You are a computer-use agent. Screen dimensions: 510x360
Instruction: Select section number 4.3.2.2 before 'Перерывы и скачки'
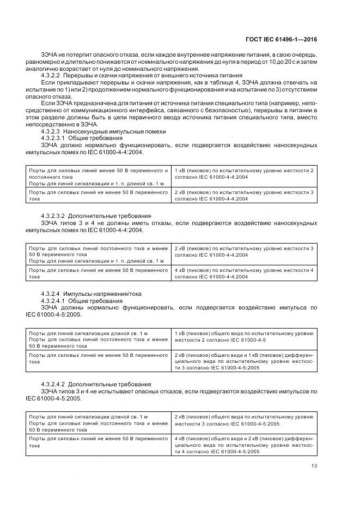pyautogui.click(x=51, y=77)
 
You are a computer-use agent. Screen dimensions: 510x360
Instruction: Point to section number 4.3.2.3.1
pyautogui.click(x=53, y=138)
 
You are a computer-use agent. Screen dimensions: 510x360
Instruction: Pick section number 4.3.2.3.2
pyautogui.click(x=53, y=216)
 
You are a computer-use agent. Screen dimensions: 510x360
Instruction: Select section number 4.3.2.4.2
pyautogui.click(x=53, y=384)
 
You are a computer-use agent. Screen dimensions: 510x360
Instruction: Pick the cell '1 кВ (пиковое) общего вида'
pyautogui.click(x=243, y=336)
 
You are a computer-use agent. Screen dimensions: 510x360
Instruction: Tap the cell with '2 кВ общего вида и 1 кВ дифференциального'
pyautogui.click(x=243, y=361)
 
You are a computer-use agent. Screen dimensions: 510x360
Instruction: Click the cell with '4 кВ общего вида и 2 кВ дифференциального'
pyautogui.click(x=243, y=445)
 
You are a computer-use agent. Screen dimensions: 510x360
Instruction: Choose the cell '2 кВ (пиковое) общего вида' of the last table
pyautogui.click(x=243, y=420)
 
